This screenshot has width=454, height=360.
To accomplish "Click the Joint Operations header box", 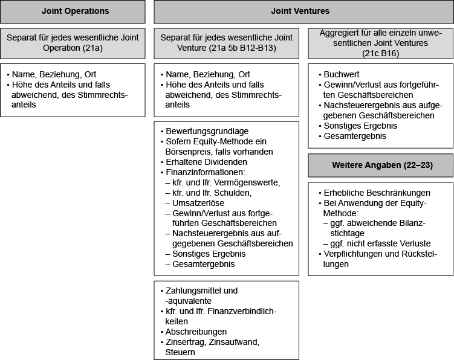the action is click(73, 11).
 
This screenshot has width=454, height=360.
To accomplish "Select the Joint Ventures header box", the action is click(303, 11).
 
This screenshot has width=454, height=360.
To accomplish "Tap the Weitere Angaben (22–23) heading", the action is click(382, 165).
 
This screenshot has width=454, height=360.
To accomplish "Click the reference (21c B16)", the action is click(380, 54).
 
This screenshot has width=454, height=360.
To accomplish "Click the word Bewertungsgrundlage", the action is click(207, 131).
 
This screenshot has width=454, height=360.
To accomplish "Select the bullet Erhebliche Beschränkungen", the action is click(374, 193).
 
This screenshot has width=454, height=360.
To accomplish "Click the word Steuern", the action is click(180, 352).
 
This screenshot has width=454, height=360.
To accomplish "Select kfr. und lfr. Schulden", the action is click(209, 193).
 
